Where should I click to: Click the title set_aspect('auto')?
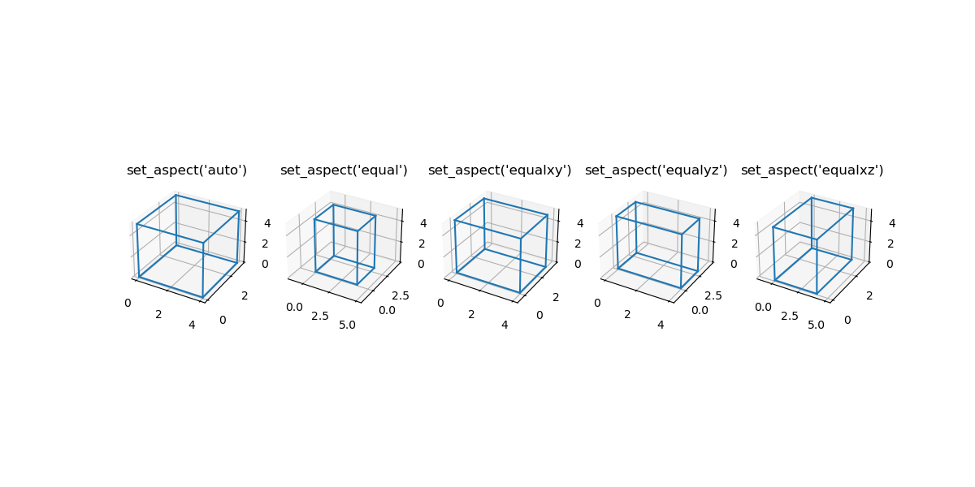pyautogui.click(x=187, y=170)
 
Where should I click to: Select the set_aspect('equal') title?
pyautogui.click(x=344, y=170)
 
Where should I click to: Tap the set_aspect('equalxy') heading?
pyautogui.click(x=500, y=170)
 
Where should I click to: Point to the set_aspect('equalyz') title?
pyautogui.click(x=656, y=170)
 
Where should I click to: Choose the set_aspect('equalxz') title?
pyautogui.click(x=812, y=170)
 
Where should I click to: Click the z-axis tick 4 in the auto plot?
pyautogui.click(x=267, y=223)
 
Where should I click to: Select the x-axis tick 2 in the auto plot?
pyautogui.click(x=158, y=314)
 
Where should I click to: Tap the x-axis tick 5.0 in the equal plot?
pyautogui.click(x=347, y=325)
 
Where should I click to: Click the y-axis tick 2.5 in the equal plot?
pyautogui.click(x=401, y=296)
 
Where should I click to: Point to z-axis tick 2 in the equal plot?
pyautogui.click(x=422, y=243)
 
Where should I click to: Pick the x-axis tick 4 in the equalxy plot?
pyautogui.click(x=505, y=325)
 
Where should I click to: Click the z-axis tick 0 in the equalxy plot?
pyautogui.click(x=578, y=264)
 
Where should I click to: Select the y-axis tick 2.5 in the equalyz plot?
pyautogui.click(x=713, y=296)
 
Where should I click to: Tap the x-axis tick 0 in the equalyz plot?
pyautogui.click(x=597, y=303)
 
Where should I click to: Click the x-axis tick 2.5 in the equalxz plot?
pyautogui.click(x=790, y=316)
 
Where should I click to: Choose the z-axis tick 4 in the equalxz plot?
pyautogui.click(x=892, y=223)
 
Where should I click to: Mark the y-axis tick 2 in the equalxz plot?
pyautogui.click(x=869, y=296)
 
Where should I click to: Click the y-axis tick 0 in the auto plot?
pyautogui.click(x=223, y=321)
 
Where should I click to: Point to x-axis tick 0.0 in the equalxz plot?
pyautogui.click(x=763, y=308)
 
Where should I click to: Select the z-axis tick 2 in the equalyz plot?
pyautogui.click(x=734, y=243)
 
